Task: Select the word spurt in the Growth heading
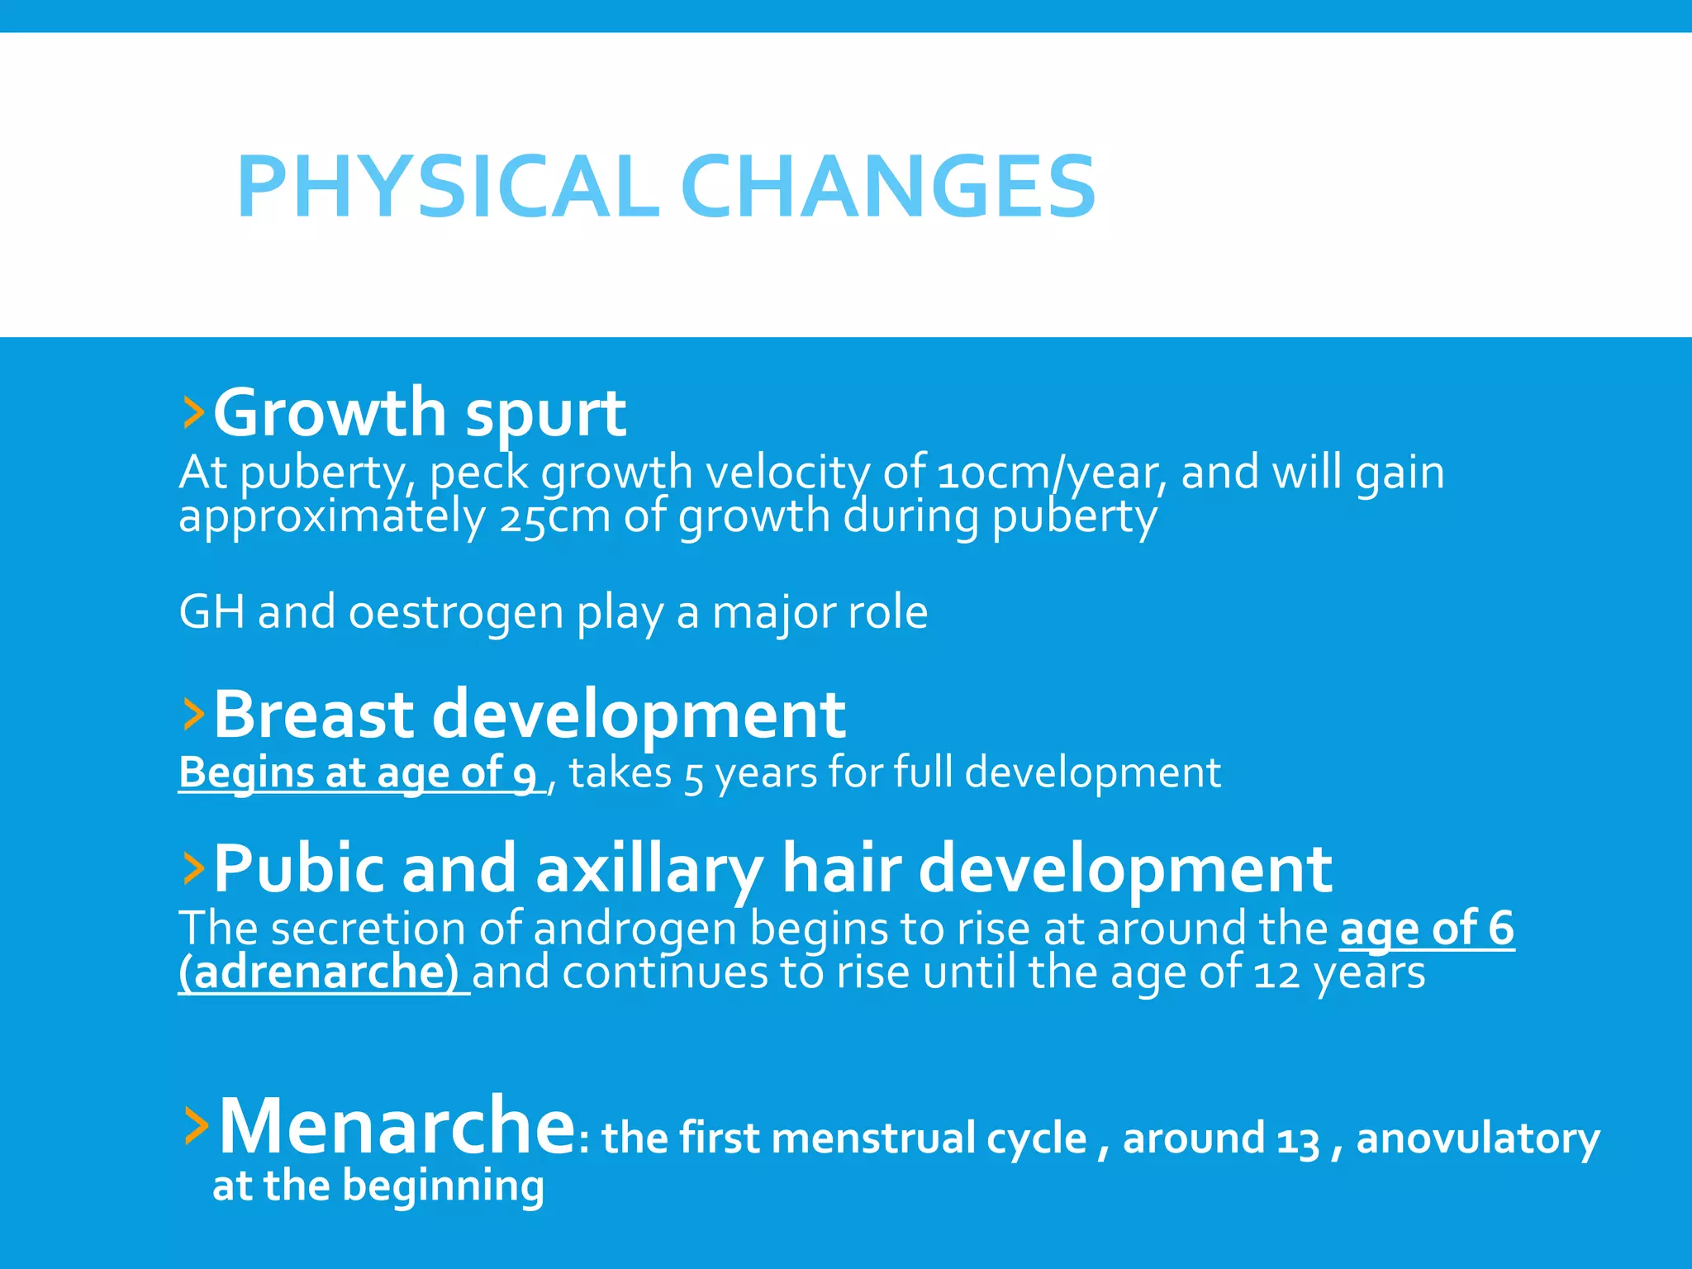pos(545,413)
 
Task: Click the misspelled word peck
pos(479,473)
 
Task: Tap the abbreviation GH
pos(211,613)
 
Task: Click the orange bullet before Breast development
pos(193,714)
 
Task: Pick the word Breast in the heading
pos(313,714)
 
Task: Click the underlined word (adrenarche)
pos(319,973)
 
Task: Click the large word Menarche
pos(397,1125)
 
